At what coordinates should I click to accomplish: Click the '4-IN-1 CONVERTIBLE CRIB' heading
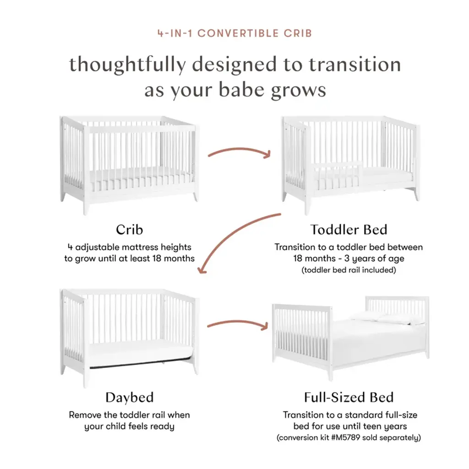click(234, 33)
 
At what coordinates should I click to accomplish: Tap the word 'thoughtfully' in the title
click(127, 65)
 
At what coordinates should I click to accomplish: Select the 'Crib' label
click(130, 229)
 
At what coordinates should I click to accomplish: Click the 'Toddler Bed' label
click(349, 229)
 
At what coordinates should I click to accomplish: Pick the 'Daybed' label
click(130, 398)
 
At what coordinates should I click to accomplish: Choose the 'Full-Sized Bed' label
click(349, 397)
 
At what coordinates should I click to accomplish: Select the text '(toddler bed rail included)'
click(349, 270)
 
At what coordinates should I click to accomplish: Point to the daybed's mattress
click(141, 352)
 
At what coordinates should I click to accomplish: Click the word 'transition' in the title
click(355, 65)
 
